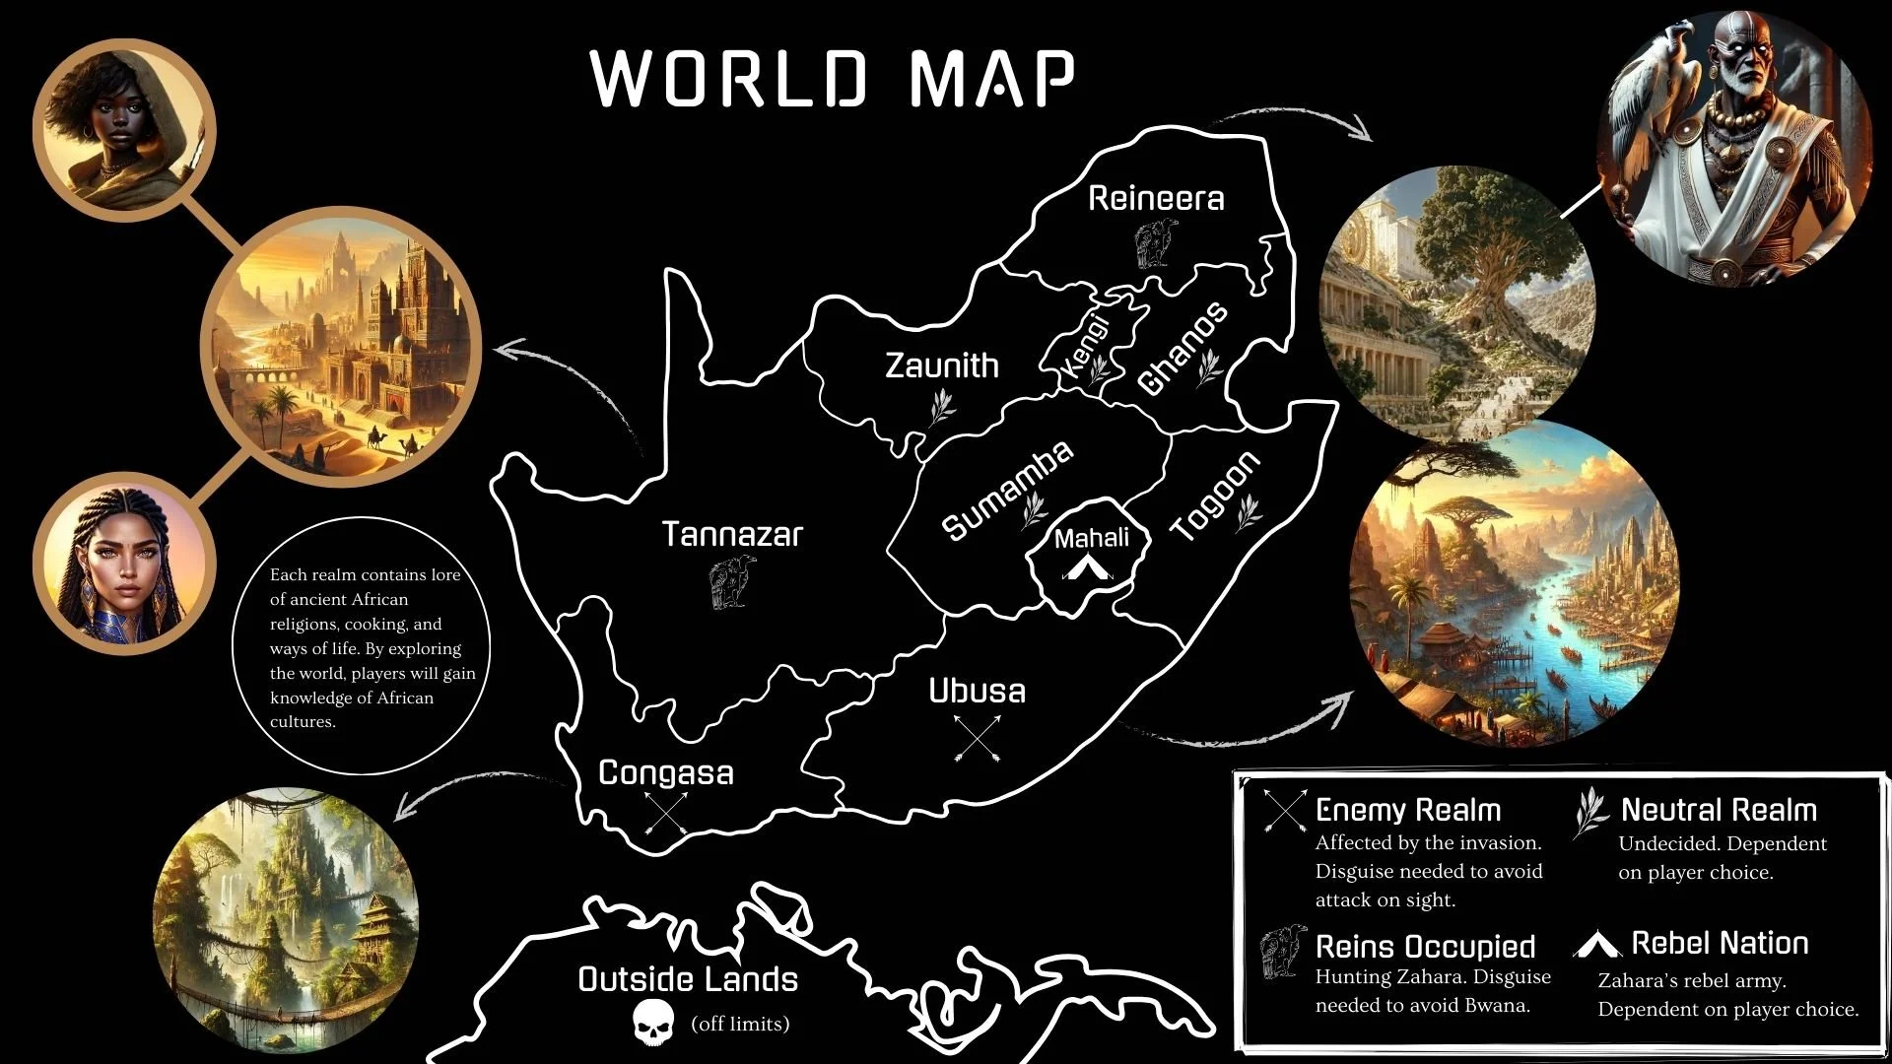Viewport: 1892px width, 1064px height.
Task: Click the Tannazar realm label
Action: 732,535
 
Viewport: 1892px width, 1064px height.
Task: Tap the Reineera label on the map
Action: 1156,199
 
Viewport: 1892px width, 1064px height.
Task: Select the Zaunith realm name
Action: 941,366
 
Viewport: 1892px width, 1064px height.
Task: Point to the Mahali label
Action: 1092,539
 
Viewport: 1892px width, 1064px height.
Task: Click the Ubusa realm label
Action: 977,692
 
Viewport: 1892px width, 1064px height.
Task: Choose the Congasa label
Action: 666,773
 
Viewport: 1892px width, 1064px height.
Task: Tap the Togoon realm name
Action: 1214,497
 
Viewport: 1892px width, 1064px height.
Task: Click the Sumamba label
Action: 1006,491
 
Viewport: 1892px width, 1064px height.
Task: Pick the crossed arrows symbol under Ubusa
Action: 978,738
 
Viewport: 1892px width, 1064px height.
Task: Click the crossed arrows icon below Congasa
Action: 666,813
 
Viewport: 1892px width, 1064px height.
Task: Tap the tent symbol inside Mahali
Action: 1087,567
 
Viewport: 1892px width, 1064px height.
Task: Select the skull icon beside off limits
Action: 653,1024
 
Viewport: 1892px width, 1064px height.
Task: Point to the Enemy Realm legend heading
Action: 1407,811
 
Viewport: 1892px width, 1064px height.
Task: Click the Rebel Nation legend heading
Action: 1720,944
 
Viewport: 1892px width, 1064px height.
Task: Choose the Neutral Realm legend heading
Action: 1719,811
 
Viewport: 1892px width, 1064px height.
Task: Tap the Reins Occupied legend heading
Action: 1425,948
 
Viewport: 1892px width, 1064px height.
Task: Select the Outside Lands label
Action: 688,980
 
